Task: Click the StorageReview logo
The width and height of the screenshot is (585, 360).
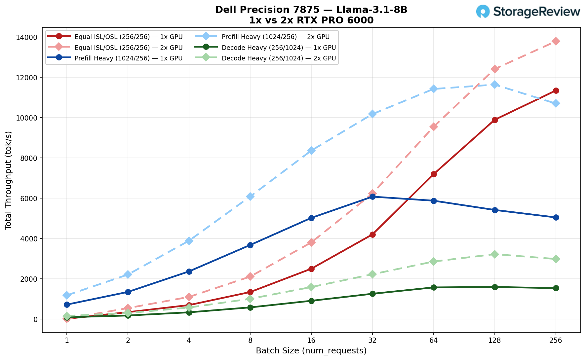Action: click(528, 12)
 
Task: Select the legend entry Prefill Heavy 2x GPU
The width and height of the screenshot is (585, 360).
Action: click(276, 37)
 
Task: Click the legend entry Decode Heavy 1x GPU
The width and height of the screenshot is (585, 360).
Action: click(279, 48)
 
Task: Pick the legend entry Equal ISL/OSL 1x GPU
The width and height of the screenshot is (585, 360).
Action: click(129, 37)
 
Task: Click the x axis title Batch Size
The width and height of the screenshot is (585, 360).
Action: click(311, 351)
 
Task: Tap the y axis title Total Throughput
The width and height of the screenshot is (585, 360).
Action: click(9, 180)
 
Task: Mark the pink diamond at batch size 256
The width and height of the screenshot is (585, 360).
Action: click(556, 41)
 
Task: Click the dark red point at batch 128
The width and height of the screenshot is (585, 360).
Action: click(495, 120)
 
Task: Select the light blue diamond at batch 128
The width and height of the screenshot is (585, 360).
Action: click(495, 85)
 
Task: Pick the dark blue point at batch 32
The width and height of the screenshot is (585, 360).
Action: click(372, 197)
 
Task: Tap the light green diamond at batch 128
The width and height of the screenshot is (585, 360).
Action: click(495, 254)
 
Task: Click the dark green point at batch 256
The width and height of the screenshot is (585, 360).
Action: click(556, 288)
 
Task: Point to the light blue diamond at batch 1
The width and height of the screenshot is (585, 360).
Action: click(67, 295)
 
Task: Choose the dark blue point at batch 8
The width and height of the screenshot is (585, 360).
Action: click(250, 245)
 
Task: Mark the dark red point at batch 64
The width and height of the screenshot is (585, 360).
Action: click(434, 174)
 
